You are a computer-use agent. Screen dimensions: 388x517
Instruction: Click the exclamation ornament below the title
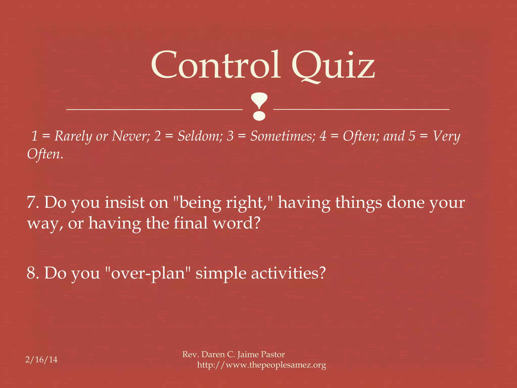pyautogui.click(x=259, y=106)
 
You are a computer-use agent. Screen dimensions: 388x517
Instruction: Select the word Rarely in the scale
pyautogui.click(x=73, y=136)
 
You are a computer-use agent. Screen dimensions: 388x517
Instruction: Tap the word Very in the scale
pyautogui.click(x=446, y=136)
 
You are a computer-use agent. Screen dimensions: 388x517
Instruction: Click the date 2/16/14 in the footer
pyautogui.click(x=41, y=359)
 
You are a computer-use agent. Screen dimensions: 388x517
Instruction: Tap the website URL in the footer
pyautogui.click(x=262, y=365)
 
